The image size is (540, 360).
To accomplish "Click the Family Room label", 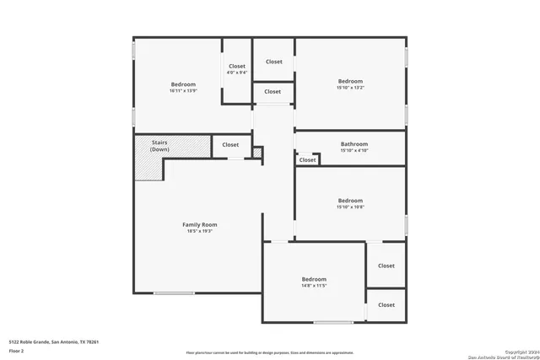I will pos(200,224).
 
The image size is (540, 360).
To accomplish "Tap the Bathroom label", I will pos(354,144).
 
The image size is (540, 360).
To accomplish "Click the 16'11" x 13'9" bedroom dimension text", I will pos(183,91).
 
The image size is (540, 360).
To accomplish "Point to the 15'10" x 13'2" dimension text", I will pos(350,88).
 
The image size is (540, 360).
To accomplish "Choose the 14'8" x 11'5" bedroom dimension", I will pos(314,286).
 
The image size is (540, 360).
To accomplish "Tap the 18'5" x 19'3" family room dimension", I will pos(200,232).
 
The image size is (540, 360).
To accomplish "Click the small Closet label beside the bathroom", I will pos(307,159).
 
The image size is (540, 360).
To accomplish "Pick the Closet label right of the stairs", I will pos(230,145).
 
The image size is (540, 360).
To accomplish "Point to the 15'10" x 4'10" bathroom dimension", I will pos(354,151).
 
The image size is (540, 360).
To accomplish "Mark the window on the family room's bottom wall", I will pos(174,293).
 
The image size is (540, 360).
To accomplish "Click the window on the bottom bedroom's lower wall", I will pos(333,322).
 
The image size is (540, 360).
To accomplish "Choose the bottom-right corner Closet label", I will pos(386,304).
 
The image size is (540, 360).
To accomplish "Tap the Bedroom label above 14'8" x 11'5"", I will pos(314,279).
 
